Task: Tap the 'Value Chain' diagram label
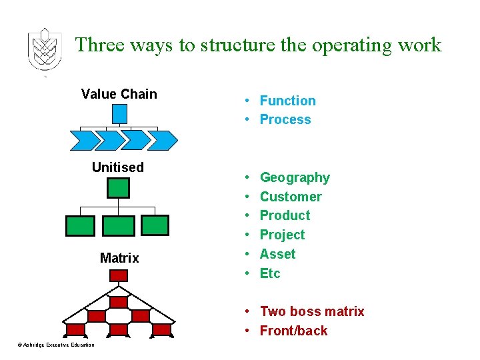tap(119, 94)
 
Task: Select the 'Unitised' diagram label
tap(118, 167)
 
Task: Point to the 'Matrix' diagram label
tap(119, 258)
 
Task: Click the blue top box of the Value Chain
tap(119, 114)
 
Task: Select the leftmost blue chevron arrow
tap(84, 140)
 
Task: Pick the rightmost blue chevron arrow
tap(163, 140)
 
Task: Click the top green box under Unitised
tap(118, 188)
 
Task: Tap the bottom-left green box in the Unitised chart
tap(80, 226)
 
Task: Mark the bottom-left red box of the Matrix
tap(75, 329)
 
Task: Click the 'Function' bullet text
tap(287, 101)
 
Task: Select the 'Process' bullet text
tap(285, 120)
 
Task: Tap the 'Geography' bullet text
tap(295, 177)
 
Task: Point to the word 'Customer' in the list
tap(291, 197)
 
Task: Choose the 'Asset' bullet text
tap(277, 254)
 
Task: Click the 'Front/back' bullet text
tap(293, 331)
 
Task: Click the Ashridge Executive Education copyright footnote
tap(56, 345)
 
